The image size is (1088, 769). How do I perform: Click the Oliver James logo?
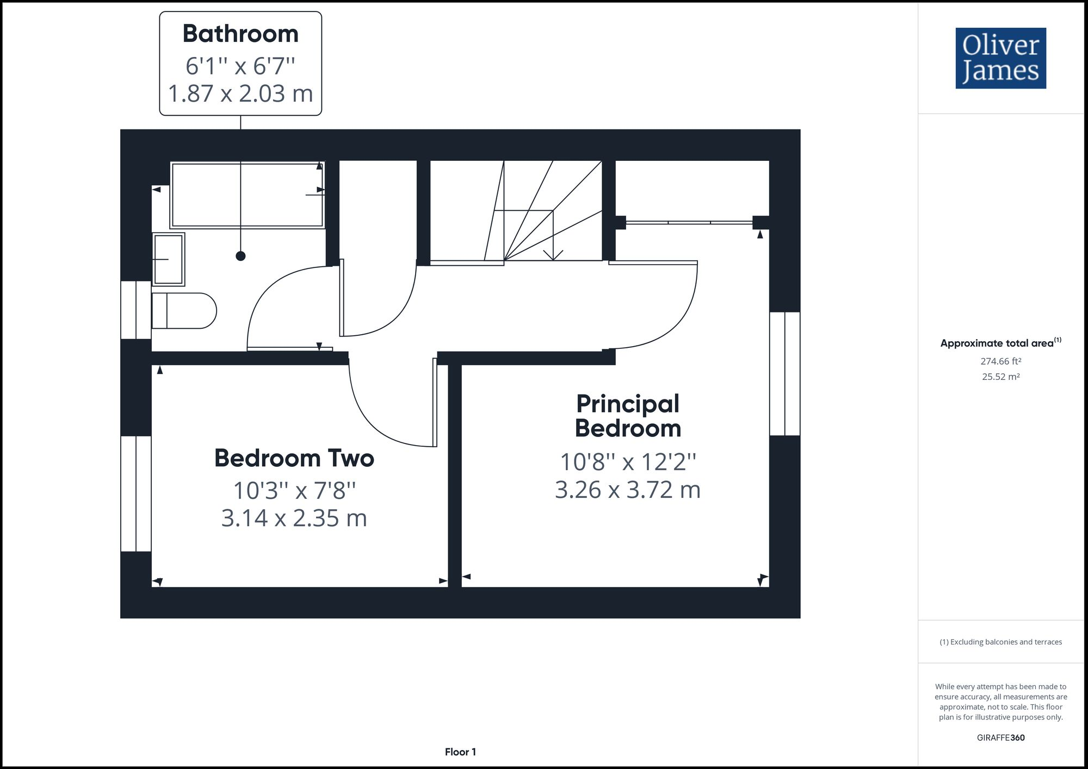click(x=1000, y=58)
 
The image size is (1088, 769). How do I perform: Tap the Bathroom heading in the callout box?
click(x=240, y=34)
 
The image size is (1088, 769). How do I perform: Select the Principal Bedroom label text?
click(x=628, y=416)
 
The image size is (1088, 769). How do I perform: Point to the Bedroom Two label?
click(x=294, y=458)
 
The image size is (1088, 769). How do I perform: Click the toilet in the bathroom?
click(x=184, y=311)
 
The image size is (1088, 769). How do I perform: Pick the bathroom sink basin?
click(x=169, y=259)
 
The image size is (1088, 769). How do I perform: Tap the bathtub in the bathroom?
click(x=247, y=195)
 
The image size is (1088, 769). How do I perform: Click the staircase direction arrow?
click(x=553, y=254)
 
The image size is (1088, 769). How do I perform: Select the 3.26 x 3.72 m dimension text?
click(x=628, y=490)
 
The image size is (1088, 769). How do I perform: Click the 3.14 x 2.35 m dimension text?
click(x=294, y=518)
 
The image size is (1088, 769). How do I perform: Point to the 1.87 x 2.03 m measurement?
click(x=240, y=93)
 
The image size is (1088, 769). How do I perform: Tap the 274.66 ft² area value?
click(x=1000, y=361)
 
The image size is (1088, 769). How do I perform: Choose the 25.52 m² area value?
click(x=1000, y=377)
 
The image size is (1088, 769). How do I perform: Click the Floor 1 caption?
click(x=460, y=752)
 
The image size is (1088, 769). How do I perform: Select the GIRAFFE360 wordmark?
click(x=1000, y=737)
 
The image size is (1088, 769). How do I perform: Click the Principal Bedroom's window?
click(x=784, y=373)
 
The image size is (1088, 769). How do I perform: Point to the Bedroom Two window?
click(x=135, y=493)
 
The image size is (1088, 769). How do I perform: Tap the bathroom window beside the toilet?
click(x=135, y=310)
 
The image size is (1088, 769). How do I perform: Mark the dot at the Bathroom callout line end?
click(x=240, y=256)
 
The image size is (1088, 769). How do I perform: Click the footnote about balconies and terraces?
click(x=1000, y=642)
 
